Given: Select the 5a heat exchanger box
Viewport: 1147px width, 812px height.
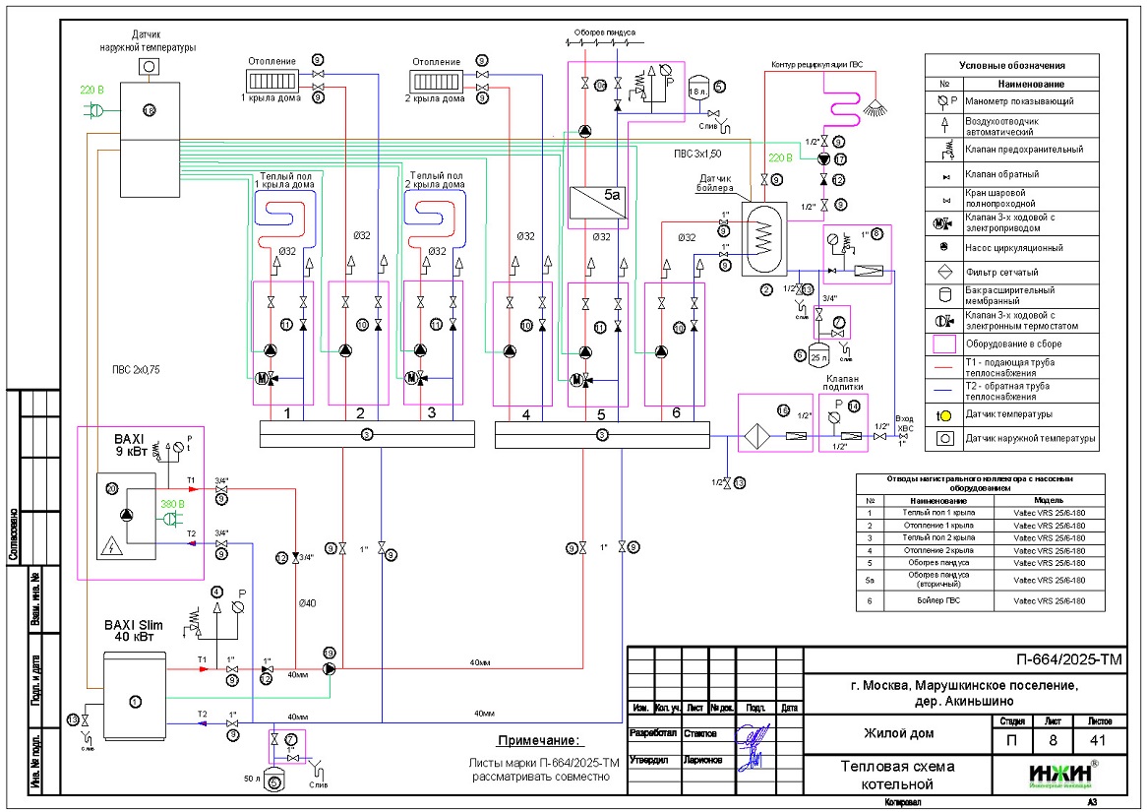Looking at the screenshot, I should (x=602, y=194).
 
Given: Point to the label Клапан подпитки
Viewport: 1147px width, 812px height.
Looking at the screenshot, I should (x=843, y=383).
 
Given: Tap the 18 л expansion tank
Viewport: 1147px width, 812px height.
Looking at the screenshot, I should (x=699, y=91).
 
